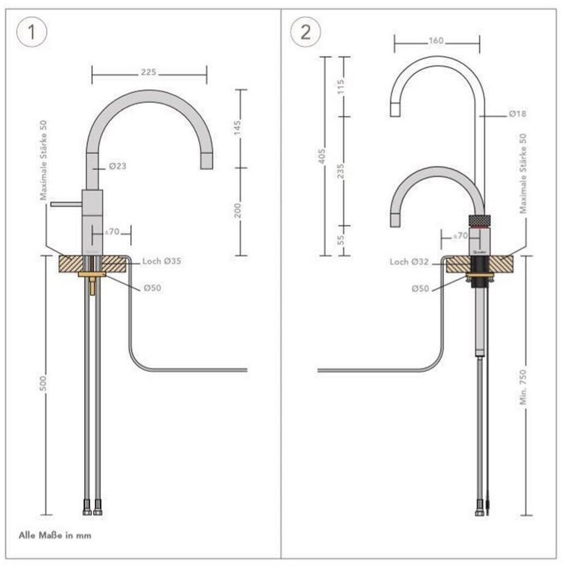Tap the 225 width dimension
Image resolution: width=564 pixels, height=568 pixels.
pyautogui.click(x=149, y=72)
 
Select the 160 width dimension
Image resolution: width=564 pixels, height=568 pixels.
pyautogui.click(x=437, y=41)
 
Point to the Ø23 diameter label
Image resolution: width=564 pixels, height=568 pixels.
pyautogui.click(x=117, y=166)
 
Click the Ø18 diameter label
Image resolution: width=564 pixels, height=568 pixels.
pyautogui.click(x=517, y=114)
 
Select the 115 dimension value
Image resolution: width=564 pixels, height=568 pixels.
pyautogui.click(x=342, y=86)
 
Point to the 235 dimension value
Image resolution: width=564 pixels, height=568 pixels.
pyautogui.click(x=342, y=171)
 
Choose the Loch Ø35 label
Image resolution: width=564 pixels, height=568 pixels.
pyautogui.click(x=162, y=262)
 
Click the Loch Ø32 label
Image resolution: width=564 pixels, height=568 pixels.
pyautogui.click(x=409, y=262)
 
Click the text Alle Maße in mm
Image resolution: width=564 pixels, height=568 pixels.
pyautogui.click(x=55, y=535)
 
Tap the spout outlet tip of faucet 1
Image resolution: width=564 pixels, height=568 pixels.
pyautogui.click(x=207, y=161)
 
